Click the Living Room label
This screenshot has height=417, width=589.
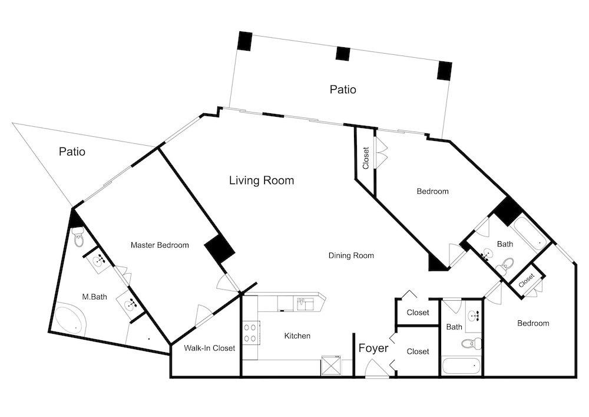[262, 180]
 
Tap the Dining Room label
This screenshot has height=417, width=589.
[351, 256]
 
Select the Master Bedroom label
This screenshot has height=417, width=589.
[160, 245]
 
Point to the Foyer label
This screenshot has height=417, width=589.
[373, 348]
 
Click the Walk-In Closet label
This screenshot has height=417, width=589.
[209, 348]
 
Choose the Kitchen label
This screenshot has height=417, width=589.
[297, 336]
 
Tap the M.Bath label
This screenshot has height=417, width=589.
[94, 297]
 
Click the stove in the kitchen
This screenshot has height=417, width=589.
[250, 333]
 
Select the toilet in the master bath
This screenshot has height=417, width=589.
[78, 238]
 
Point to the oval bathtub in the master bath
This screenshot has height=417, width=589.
[71, 321]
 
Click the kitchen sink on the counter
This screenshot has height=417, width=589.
[305, 303]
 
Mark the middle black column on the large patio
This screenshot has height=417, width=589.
[343, 54]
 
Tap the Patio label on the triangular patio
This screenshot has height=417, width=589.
[72, 152]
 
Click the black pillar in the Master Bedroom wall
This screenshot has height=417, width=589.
[220, 249]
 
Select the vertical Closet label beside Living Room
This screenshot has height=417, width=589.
[366, 157]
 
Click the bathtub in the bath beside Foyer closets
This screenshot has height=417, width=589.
[461, 366]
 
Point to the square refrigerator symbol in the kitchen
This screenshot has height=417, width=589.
[331, 366]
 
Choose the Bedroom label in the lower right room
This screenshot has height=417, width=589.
[533, 323]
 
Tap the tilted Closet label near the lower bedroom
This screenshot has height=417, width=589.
[526, 280]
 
